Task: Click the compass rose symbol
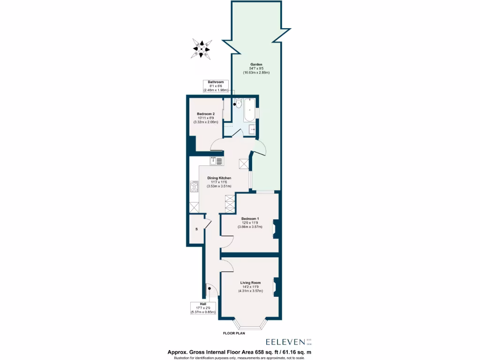(202, 48)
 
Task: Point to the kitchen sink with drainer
(217, 161)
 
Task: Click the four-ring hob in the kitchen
(195, 187)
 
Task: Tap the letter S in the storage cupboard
(196, 229)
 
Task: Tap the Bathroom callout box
(217, 86)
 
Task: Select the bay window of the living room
(250, 325)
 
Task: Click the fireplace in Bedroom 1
(277, 230)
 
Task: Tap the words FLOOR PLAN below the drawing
(234, 334)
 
